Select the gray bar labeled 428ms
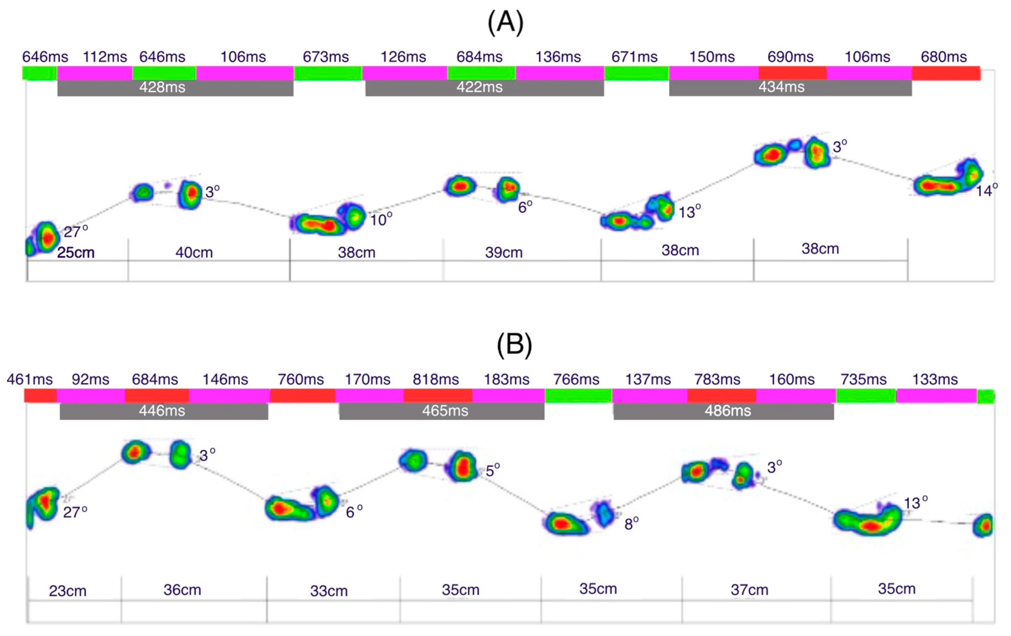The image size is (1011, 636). [x=175, y=87]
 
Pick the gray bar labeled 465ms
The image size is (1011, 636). [x=442, y=411]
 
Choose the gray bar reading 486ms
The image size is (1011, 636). [x=723, y=411]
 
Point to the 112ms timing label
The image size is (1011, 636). [x=105, y=57]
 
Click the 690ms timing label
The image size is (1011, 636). [x=790, y=57]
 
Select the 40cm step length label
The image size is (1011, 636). [x=194, y=253]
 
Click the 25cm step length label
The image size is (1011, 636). [x=76, y=253]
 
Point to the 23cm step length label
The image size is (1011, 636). [x=68, y=591]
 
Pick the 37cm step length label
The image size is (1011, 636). [x=750, y=590]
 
